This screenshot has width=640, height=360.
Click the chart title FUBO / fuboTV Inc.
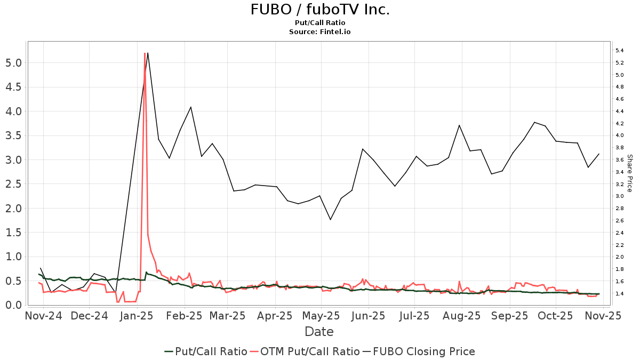click(320, 10)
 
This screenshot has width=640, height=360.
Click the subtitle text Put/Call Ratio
click(320, 22)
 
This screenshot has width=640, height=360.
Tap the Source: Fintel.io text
click(320, 31)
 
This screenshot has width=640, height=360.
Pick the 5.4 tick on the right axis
click(619, 51)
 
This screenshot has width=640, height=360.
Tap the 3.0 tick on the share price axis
click(619, 196)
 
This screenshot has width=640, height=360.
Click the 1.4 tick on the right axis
click(619, 294)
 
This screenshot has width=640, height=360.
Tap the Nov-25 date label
click(603, 316)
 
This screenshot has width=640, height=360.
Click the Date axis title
click(319, 332)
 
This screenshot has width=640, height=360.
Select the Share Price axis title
click(629, 173)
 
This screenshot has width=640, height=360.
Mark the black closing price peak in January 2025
click(147, 53)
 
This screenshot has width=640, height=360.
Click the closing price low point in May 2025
click(330, 220)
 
